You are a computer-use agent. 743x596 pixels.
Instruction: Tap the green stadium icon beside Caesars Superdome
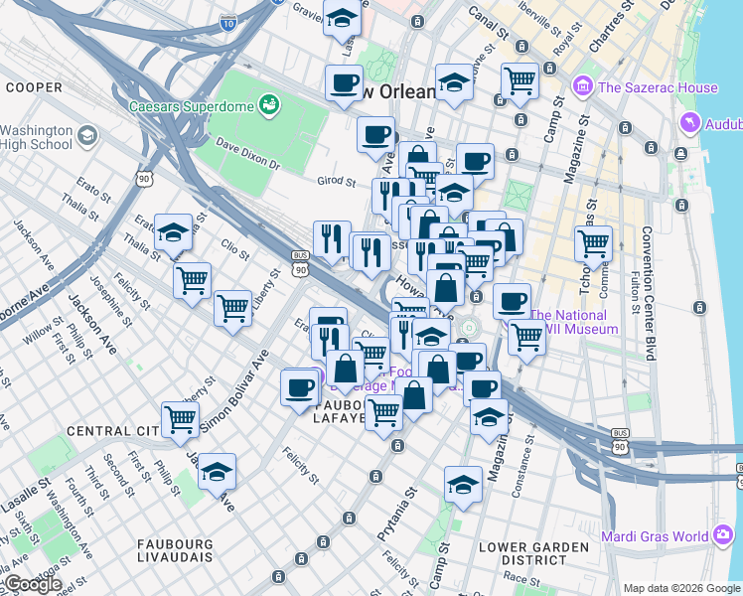(268, 103)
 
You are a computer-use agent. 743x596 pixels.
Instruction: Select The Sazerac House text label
(651, 87)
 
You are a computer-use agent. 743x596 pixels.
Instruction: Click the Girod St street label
(337, 182)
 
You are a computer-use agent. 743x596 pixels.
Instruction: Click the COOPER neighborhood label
(35, 87)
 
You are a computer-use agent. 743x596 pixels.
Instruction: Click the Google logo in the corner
(32, 584)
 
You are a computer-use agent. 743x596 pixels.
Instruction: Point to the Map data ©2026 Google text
(679, 588)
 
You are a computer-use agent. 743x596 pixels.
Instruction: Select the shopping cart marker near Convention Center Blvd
(593, 242)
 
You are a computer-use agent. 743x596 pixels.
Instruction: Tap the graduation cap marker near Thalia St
(173, 232)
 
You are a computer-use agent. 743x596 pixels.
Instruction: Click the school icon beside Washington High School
(86, 135)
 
